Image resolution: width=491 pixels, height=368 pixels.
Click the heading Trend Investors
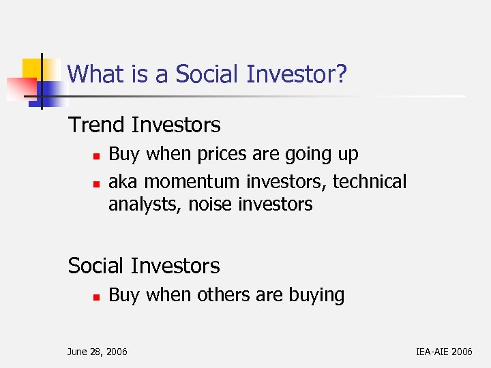(x=144, y=125)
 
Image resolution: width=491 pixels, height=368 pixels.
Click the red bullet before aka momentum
(x=97, y=183)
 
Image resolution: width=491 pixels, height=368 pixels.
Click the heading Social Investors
(x=144, y=265)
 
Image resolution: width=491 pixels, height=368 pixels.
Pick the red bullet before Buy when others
(x=97, y=296)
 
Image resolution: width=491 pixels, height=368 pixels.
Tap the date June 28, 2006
(x=97, y=352)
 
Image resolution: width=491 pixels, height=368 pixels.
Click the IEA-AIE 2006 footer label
(x=443, y=352)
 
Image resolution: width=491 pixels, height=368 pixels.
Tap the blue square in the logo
(x=48, y=93)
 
